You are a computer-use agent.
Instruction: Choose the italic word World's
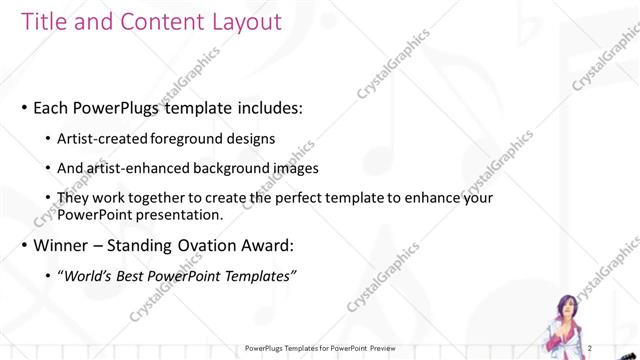[93, 275]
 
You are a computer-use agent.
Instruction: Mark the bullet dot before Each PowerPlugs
[23, 108]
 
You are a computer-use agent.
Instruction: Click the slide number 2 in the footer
[591, 348]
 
